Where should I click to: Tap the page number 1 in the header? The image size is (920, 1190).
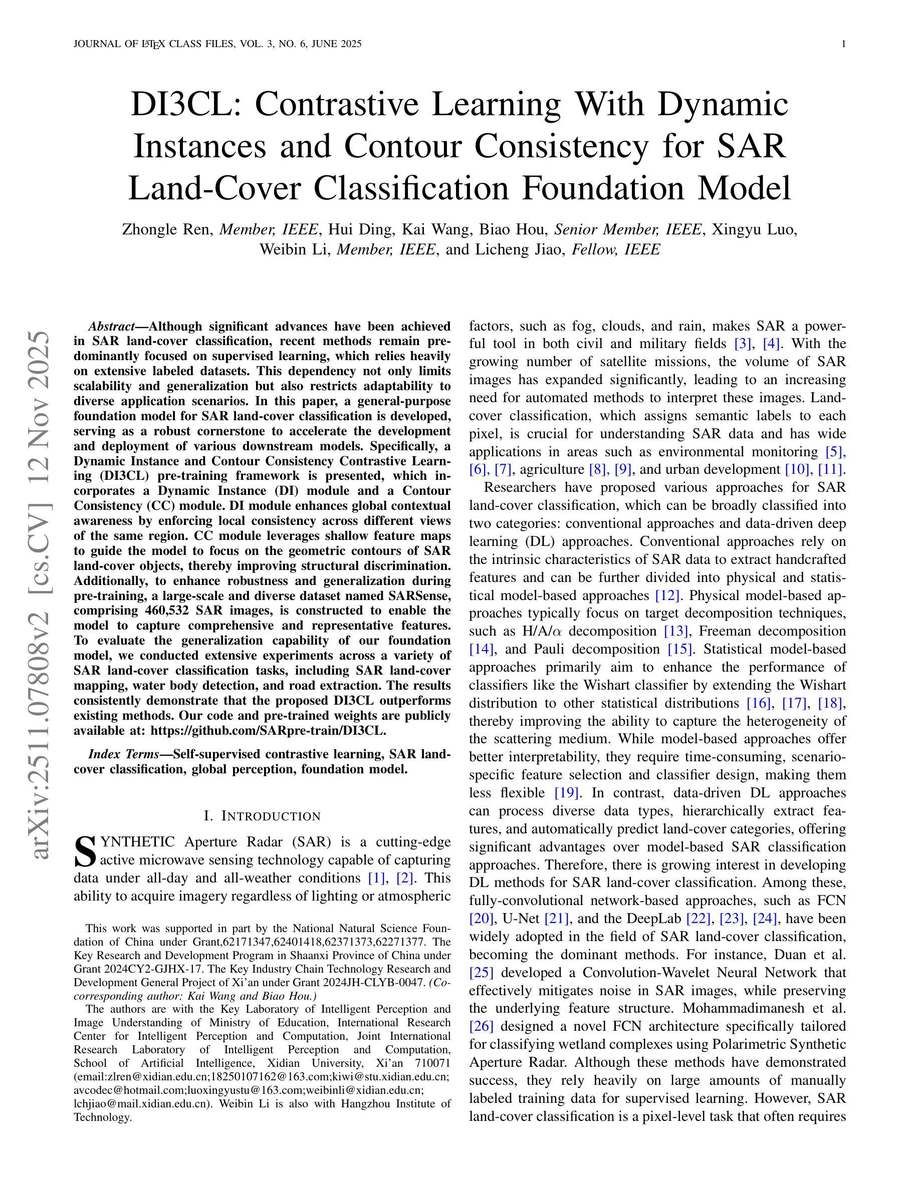pyautogui.click(x=843, y=44)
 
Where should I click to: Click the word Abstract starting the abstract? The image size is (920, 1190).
pyautogui.click(x=111, y=327)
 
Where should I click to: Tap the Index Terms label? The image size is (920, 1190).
pyautogui.click(x=123, y=754)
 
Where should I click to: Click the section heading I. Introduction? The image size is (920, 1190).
pyautogui.click(x=262, y=816)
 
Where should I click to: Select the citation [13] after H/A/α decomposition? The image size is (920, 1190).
pyautogui.click(x=676, y=631)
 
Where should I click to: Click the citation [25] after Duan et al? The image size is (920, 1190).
pyautogui.click(x=481, y=973)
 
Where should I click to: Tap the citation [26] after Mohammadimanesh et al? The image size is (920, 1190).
pyautogui.click(x=481, y=1027)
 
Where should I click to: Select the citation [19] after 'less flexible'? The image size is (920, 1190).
pyautogui.click(x=566, y=793)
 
